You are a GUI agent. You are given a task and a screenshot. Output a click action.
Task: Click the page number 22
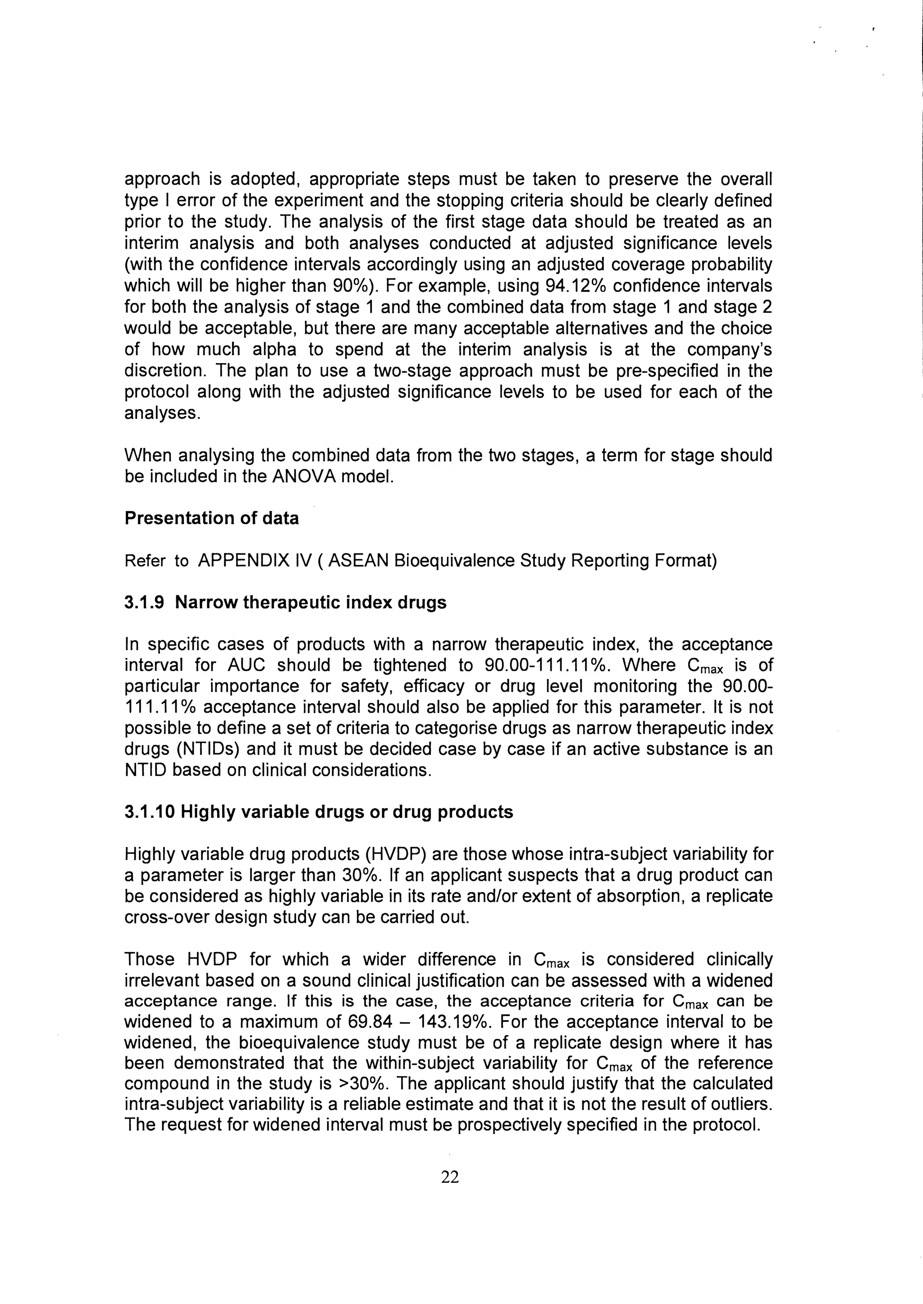pyautogui.click(x=450, y=1177)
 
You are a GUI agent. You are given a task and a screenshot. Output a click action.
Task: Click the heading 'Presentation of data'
pyautogui.click(x=211, y=518)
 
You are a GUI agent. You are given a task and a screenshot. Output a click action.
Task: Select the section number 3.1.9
pyautogui.click(x=144, y=602)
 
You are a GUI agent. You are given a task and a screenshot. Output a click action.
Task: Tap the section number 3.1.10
pyautogui.click(x=150, y=812)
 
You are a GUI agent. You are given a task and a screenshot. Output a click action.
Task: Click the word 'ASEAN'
pyautogui.click(x=358, y=561)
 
